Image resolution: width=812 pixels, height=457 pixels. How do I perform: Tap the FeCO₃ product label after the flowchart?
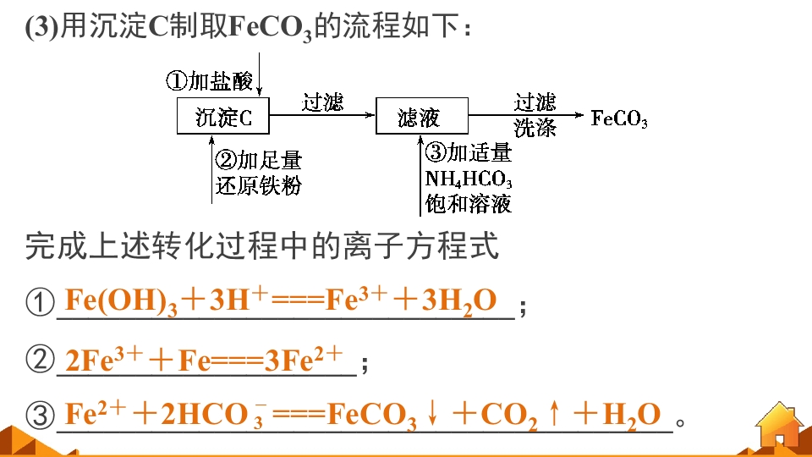pyautogui.click(x=619, y=118)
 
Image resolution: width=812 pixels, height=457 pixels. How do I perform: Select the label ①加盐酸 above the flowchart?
pyautogui.click(x=209, y=81)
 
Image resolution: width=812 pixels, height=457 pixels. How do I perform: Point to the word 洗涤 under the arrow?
pyautogui.click(x=535, y=128)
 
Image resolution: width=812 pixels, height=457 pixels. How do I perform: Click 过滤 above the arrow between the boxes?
pyautogui.click(x=322, y=102)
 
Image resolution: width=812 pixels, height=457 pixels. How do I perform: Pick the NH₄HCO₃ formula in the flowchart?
pyautogui.click(x=469, y=179)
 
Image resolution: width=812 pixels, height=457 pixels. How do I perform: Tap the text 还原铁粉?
pyautogui.click(x=259, y=185)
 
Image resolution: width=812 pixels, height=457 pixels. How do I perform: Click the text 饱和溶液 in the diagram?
pyautogui.click(x=468, y=204)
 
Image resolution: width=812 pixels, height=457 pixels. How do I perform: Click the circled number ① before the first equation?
pyautogui.click(x=40, y=302)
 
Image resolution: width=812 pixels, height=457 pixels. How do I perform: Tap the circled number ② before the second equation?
pyautogui.click(x=40, y=359)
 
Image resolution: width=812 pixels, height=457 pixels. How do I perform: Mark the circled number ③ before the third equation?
pyautogui.click(x=40, y=416)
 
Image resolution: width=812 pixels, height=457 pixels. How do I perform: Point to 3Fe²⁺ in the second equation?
pyautogui.click(x=304, y=359)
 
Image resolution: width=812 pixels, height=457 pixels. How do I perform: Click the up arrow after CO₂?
pyautogui.click(x=555, y=414)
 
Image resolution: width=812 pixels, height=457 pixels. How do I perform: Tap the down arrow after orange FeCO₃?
pyautogui.click(x=433, y=414)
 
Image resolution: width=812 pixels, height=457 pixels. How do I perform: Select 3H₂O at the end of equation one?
pyautogui.click(x=458, y=301)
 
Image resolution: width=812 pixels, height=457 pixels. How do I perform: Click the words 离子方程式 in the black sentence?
pyautogui.click(x=405, y=245)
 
